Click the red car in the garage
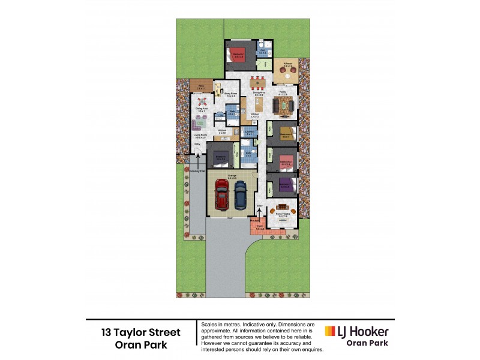click(221, 197)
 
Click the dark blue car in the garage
click(241, 196)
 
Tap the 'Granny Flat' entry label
click(197, 171)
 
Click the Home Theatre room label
click(284, 214)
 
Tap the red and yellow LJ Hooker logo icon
click(330, 332)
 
